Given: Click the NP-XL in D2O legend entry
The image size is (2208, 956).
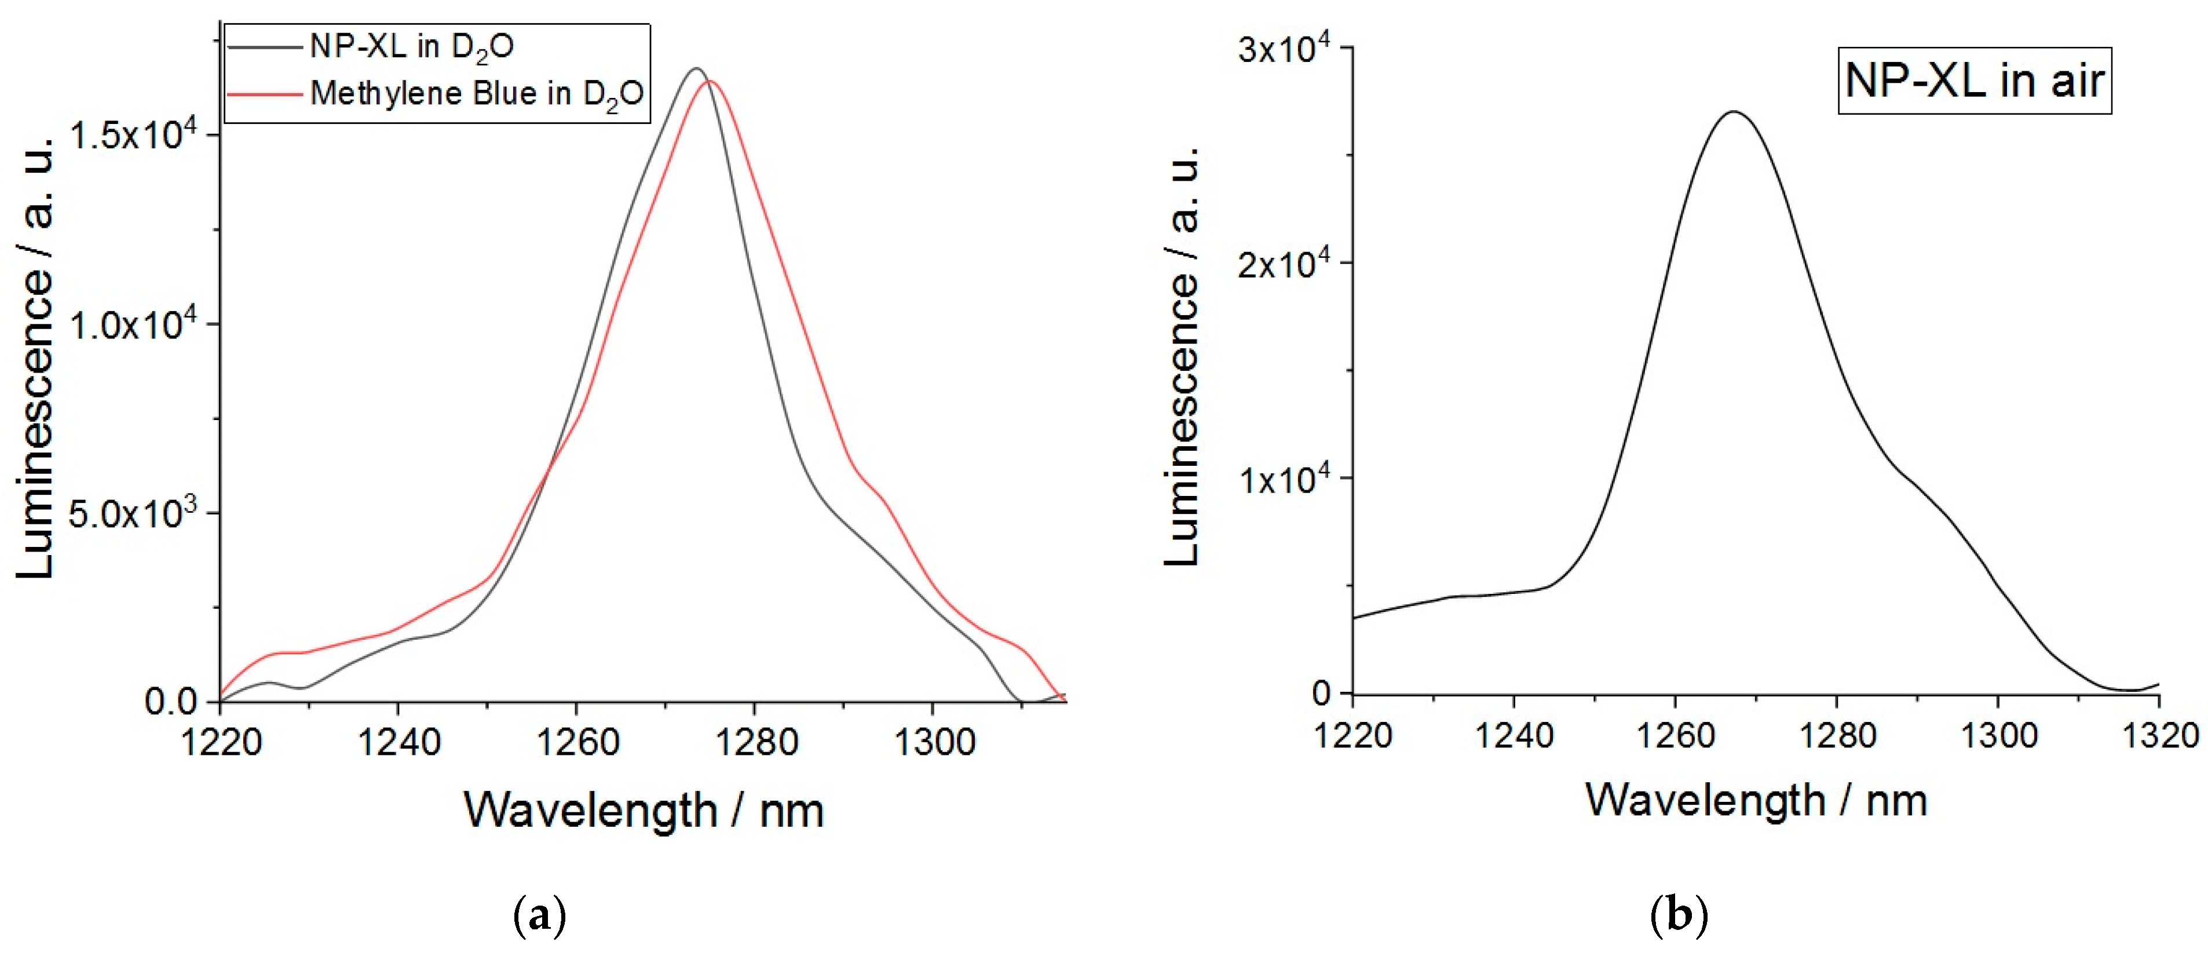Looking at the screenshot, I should click(x=411, y=46).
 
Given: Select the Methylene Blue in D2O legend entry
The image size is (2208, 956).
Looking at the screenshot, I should click(x=476, y=93).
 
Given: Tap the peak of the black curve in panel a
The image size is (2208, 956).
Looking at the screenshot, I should click(x=696, y=68).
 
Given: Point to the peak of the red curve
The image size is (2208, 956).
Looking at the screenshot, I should click(x=710, y=82).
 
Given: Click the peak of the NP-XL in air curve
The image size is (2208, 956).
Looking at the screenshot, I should click(x=1734, y=111).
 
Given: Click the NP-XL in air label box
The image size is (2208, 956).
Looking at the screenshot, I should click(x=1974, y=81).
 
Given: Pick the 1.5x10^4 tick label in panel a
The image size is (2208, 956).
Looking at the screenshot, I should click(x=132, y=136).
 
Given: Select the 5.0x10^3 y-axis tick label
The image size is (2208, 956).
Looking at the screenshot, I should click(x=132, y=513).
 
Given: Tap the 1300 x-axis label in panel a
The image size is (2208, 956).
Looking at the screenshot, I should click(x=934, y=742).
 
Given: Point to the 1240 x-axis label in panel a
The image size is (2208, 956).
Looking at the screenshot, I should click(x=399, y=742).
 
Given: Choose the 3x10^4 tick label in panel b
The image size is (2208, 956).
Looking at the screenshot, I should click(x=1283, y=49).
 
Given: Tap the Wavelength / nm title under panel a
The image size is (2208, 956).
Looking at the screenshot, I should click(x=644, y=810).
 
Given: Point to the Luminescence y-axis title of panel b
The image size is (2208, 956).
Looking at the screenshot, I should click(x=1182, y=356).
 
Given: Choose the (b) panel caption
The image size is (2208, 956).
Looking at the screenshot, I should click(x=1678, y=915).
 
